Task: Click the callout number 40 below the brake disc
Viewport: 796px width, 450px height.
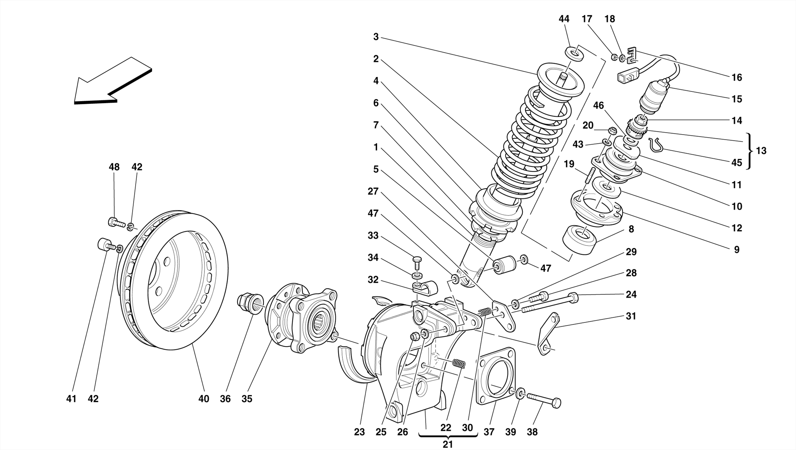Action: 204,399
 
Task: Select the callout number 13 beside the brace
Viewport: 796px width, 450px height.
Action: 761,151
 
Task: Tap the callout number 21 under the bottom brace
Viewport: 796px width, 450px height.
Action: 448,444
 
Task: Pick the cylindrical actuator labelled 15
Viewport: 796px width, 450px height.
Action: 653,98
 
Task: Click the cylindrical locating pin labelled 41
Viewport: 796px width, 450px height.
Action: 103,245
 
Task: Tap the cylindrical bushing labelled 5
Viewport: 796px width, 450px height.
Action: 505,265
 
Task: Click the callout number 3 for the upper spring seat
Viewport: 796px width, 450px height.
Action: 375,37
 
